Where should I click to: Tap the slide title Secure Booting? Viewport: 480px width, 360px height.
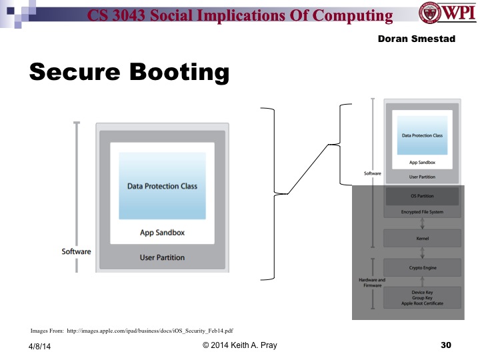129,72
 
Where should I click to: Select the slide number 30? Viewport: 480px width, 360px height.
446,345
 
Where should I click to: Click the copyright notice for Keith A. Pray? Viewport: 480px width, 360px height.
240,345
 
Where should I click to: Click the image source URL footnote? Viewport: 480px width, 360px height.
132,330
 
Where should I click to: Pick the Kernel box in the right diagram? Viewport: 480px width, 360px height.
421,238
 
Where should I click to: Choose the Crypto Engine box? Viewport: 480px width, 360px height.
421,267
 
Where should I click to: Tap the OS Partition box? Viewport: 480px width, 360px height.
421,197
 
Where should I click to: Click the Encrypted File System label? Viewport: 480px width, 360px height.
421,212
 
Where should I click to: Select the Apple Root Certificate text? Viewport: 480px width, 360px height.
421,304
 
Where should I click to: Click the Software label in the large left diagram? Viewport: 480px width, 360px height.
76,252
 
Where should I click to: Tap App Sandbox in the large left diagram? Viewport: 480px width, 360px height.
162,233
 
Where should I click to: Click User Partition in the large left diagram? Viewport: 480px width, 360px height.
162,257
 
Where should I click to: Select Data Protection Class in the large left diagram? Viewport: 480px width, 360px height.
162,186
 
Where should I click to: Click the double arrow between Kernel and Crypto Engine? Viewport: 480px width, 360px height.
421,253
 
